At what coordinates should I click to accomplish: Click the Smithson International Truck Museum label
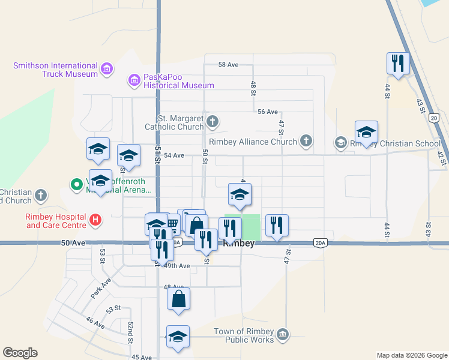[x=56, y=70]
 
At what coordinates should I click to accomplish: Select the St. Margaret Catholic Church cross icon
[x=212, y=122]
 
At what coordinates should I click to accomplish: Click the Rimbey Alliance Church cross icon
[x=306, y=142]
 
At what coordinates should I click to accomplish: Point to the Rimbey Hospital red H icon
[x=95, y=221]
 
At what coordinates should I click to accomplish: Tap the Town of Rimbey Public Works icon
[x=283, y=334]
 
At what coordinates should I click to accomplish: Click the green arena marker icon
[x=77, y=185]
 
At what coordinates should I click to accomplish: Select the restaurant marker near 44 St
[x=397, y=64]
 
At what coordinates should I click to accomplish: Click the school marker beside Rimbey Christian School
[x=366, y=132]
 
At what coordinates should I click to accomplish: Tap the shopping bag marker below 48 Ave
[x=178, y=299]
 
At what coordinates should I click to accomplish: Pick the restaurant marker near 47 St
[x=276, y=225]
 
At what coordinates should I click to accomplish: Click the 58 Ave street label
[x=229, y=64]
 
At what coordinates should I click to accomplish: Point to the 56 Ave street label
[x=267, y=112]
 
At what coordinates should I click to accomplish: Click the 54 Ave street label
[x=173, y=155]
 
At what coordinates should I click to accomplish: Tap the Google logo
[x=20, y=353]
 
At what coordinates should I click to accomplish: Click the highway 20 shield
[x=434, y=118]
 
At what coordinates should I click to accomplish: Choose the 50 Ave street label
[x=72, y=244]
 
